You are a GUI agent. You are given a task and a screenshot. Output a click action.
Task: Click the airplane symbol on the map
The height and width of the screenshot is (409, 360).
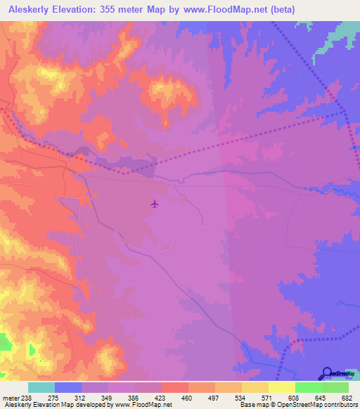click(x=155, y=204)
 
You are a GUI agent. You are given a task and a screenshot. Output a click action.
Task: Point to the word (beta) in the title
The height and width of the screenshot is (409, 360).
click(x=279, y=9)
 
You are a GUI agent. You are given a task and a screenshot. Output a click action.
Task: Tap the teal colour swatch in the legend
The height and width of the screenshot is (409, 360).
click(x=41, y=387)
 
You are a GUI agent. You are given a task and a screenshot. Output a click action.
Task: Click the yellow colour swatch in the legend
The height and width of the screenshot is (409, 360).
click(x=281, y=387)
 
